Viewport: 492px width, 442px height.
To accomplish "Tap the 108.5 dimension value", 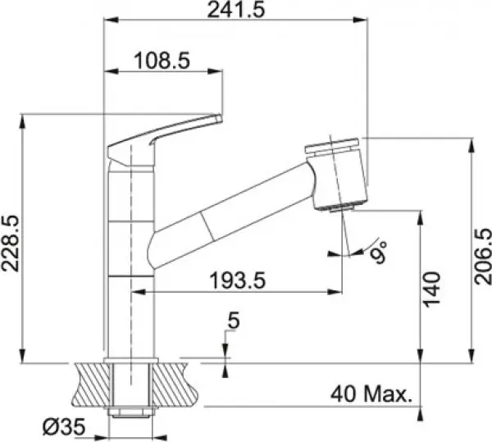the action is (x=162, y=61).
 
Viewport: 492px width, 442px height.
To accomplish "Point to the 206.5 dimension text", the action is (x=483, y=257).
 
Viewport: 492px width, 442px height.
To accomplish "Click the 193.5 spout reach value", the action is (x=238, y=280).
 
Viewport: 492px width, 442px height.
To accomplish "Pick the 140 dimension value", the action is (x=432, y=289).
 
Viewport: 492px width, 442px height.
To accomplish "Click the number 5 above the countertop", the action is (x=234, y=321).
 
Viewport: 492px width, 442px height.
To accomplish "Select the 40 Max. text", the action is (x=371, y=394).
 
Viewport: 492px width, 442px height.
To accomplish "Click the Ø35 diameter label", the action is (x=64, y=427).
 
